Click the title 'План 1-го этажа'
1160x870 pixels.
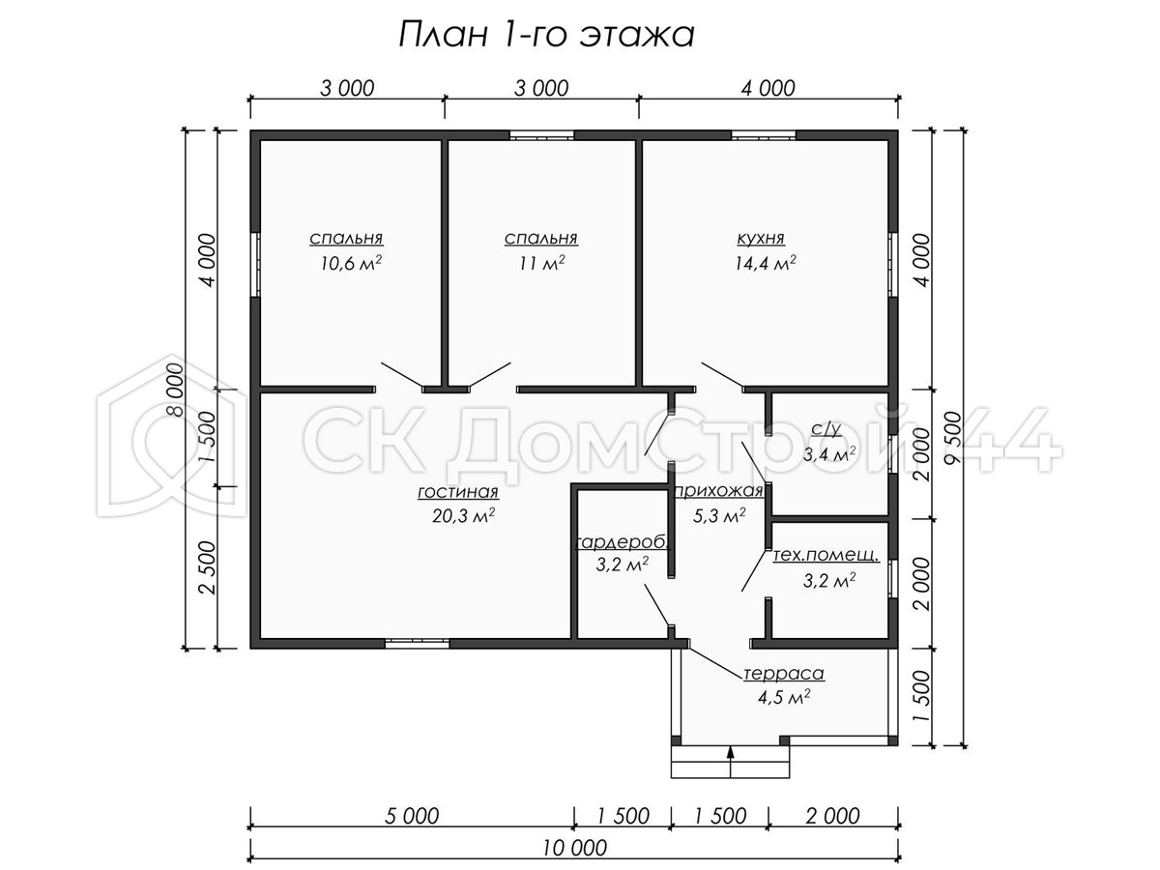[x=546, y=36]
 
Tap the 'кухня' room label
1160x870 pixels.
[x=761, y=238]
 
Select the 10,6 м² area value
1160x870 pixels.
[x=351, y=263]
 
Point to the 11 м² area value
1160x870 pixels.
[x=541, y=263]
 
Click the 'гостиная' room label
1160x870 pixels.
[x=458, y=492]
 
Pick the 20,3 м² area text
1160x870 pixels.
[x=463, y=515]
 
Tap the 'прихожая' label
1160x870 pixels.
[x=719, y=491]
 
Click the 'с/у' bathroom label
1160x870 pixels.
[x=826, y=430]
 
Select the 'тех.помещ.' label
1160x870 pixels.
[x=826, y=555]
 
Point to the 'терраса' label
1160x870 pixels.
[x=784, y=674]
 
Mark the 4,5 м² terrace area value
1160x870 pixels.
[x=784, y=697]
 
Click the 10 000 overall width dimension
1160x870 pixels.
[x=574, y=849]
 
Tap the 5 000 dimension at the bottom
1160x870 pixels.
[x=412, y=816]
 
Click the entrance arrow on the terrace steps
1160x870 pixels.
[x=731, y=760]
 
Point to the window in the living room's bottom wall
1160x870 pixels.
[x=417, y=643]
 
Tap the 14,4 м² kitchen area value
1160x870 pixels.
[x=766, y=263]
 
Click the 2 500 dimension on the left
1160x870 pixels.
[x=208, y=567]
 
